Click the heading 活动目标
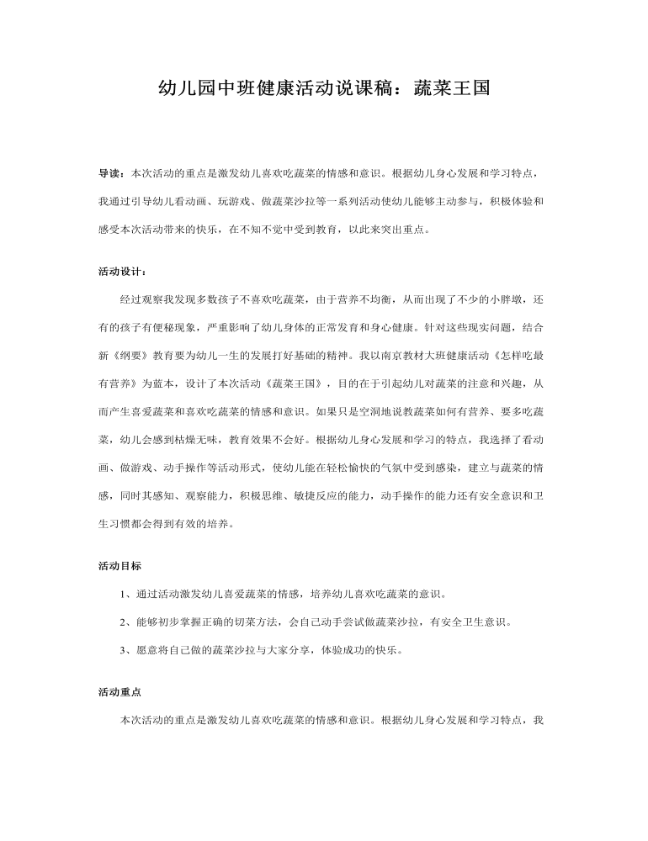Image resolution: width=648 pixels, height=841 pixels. (x=120, y=566)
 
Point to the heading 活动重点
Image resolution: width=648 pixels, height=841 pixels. (x=120, y=692)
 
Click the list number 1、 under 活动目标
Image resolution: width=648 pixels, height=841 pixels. (x=128, y=594)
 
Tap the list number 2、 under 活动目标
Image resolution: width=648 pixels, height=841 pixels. (x=128, y=622)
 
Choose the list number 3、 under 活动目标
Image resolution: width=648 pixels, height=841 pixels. (x=128, y=650)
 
